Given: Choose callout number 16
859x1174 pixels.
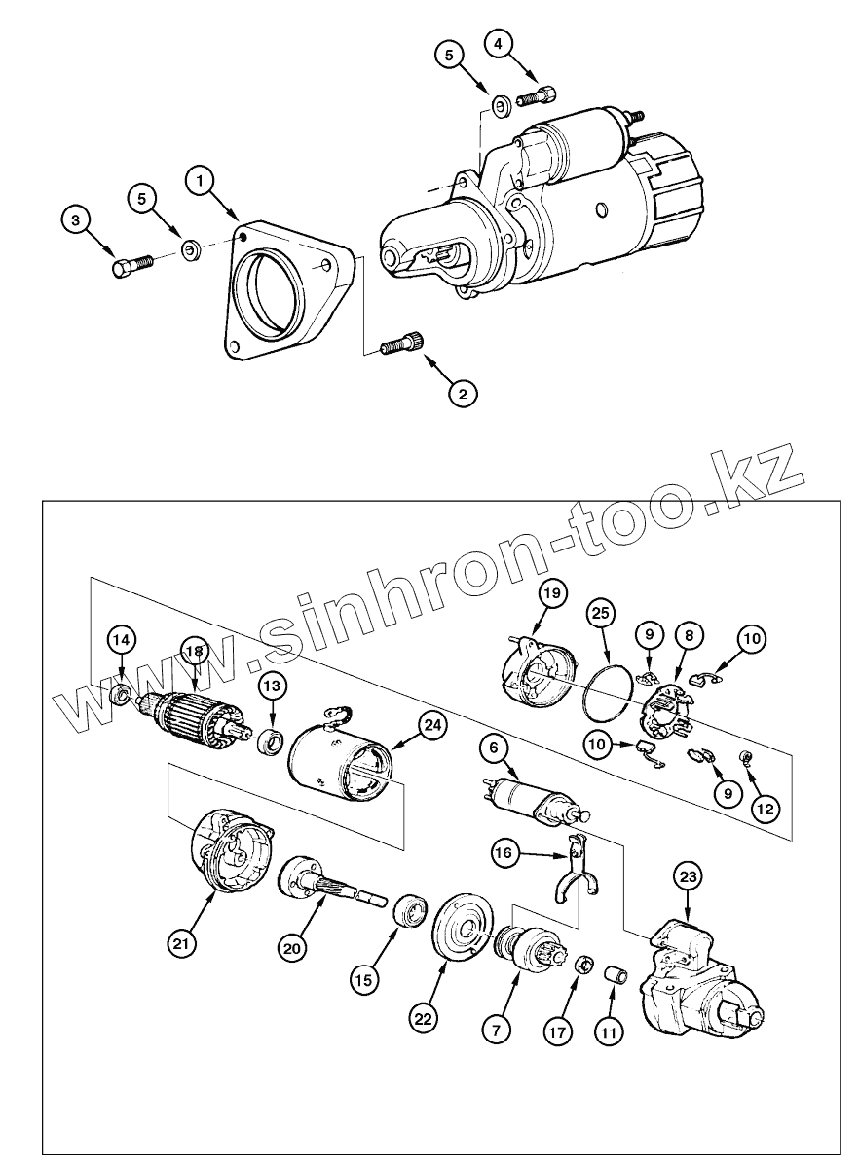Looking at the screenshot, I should [504, 854].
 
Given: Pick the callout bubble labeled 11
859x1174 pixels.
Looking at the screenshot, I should [608, 1032].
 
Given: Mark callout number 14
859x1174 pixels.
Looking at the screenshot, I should [121, 640].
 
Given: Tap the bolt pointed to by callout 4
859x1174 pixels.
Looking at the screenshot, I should [537, 95].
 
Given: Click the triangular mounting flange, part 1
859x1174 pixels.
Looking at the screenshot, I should [287, 292].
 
